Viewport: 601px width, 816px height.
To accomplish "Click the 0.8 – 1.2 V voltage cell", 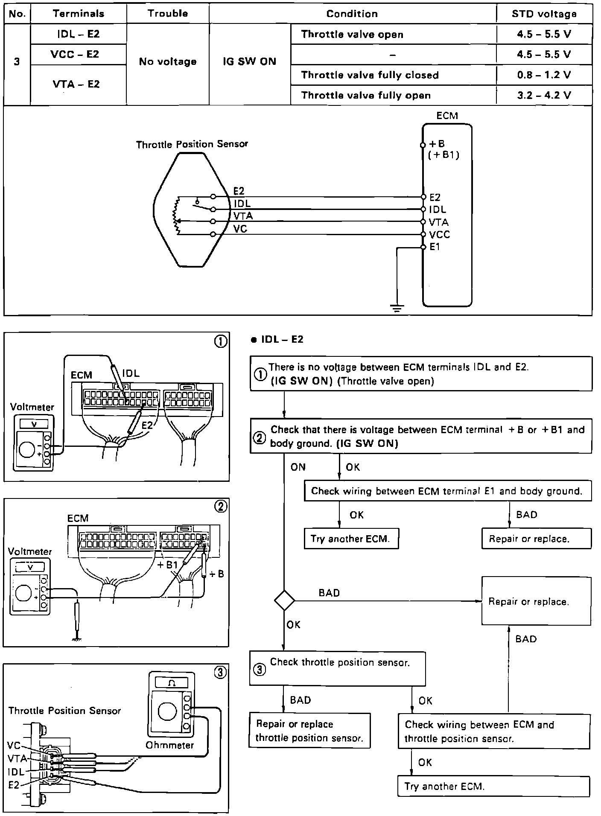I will coord(544,75).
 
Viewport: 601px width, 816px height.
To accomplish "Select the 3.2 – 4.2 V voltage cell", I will coord(544,95).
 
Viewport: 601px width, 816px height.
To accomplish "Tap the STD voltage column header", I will coord(544,14).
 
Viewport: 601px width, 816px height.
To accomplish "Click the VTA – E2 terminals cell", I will coord(76,84).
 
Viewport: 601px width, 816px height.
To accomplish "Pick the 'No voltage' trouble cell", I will coord(168,61).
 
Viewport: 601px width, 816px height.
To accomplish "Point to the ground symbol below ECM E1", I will coord(397,308).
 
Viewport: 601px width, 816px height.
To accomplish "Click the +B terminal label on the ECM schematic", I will coord(437,144).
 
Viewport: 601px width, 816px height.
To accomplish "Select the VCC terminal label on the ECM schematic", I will coord(440,234).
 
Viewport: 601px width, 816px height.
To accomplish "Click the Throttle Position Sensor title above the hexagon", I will coord(192,144).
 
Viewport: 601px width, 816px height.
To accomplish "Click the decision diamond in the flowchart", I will coord(284,600).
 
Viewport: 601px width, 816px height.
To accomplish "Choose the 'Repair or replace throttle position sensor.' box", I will coord(309,731).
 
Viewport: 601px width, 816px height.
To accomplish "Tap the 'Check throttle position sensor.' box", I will coord(337,668).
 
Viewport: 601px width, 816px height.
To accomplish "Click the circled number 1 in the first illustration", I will coord(221,342).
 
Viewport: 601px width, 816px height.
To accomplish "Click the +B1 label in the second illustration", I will coord(167,565).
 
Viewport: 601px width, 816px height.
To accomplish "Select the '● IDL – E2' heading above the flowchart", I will coord(277,339).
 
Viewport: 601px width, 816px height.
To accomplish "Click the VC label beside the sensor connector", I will coord(14,746).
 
